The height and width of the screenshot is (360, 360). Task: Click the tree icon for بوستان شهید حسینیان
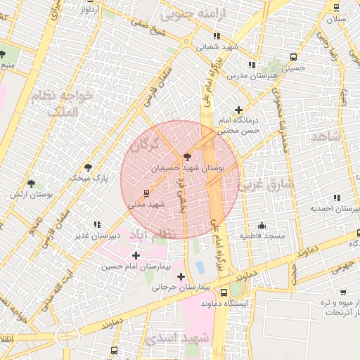pos(186,157)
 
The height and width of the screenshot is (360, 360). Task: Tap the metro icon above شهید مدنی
pos(146,192)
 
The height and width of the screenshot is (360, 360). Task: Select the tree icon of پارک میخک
pos(88,167)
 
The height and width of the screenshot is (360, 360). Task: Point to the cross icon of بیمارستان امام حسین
pos(136,255)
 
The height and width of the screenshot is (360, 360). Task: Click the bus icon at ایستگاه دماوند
pos(224,292)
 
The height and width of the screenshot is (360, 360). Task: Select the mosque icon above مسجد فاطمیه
pos(262,225)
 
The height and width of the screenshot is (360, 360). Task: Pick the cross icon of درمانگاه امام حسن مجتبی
pos(239,110)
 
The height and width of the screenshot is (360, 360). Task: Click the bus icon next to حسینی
pos(292,57)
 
